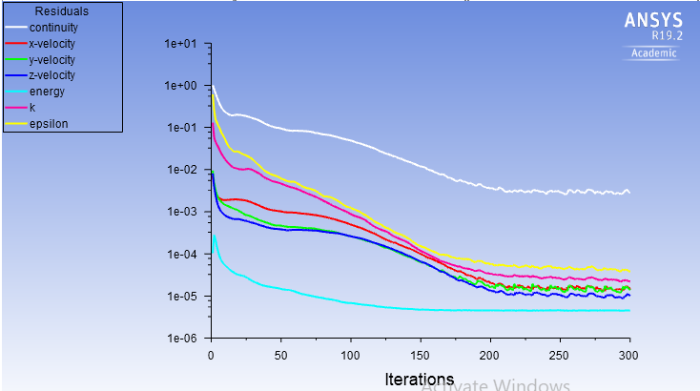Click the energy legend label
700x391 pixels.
44,92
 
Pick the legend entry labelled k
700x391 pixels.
31,108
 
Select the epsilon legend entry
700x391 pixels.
48,124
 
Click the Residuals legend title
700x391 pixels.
61,11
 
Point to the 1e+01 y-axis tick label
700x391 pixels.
180,44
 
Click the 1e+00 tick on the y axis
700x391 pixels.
180,86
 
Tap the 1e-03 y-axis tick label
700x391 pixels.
180,212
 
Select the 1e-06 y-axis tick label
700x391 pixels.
180,339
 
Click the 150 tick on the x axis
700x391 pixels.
421,355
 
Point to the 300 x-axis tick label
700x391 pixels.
629,355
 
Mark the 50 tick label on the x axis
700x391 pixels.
280,355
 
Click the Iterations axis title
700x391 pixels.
420,379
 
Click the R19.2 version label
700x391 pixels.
662,35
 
